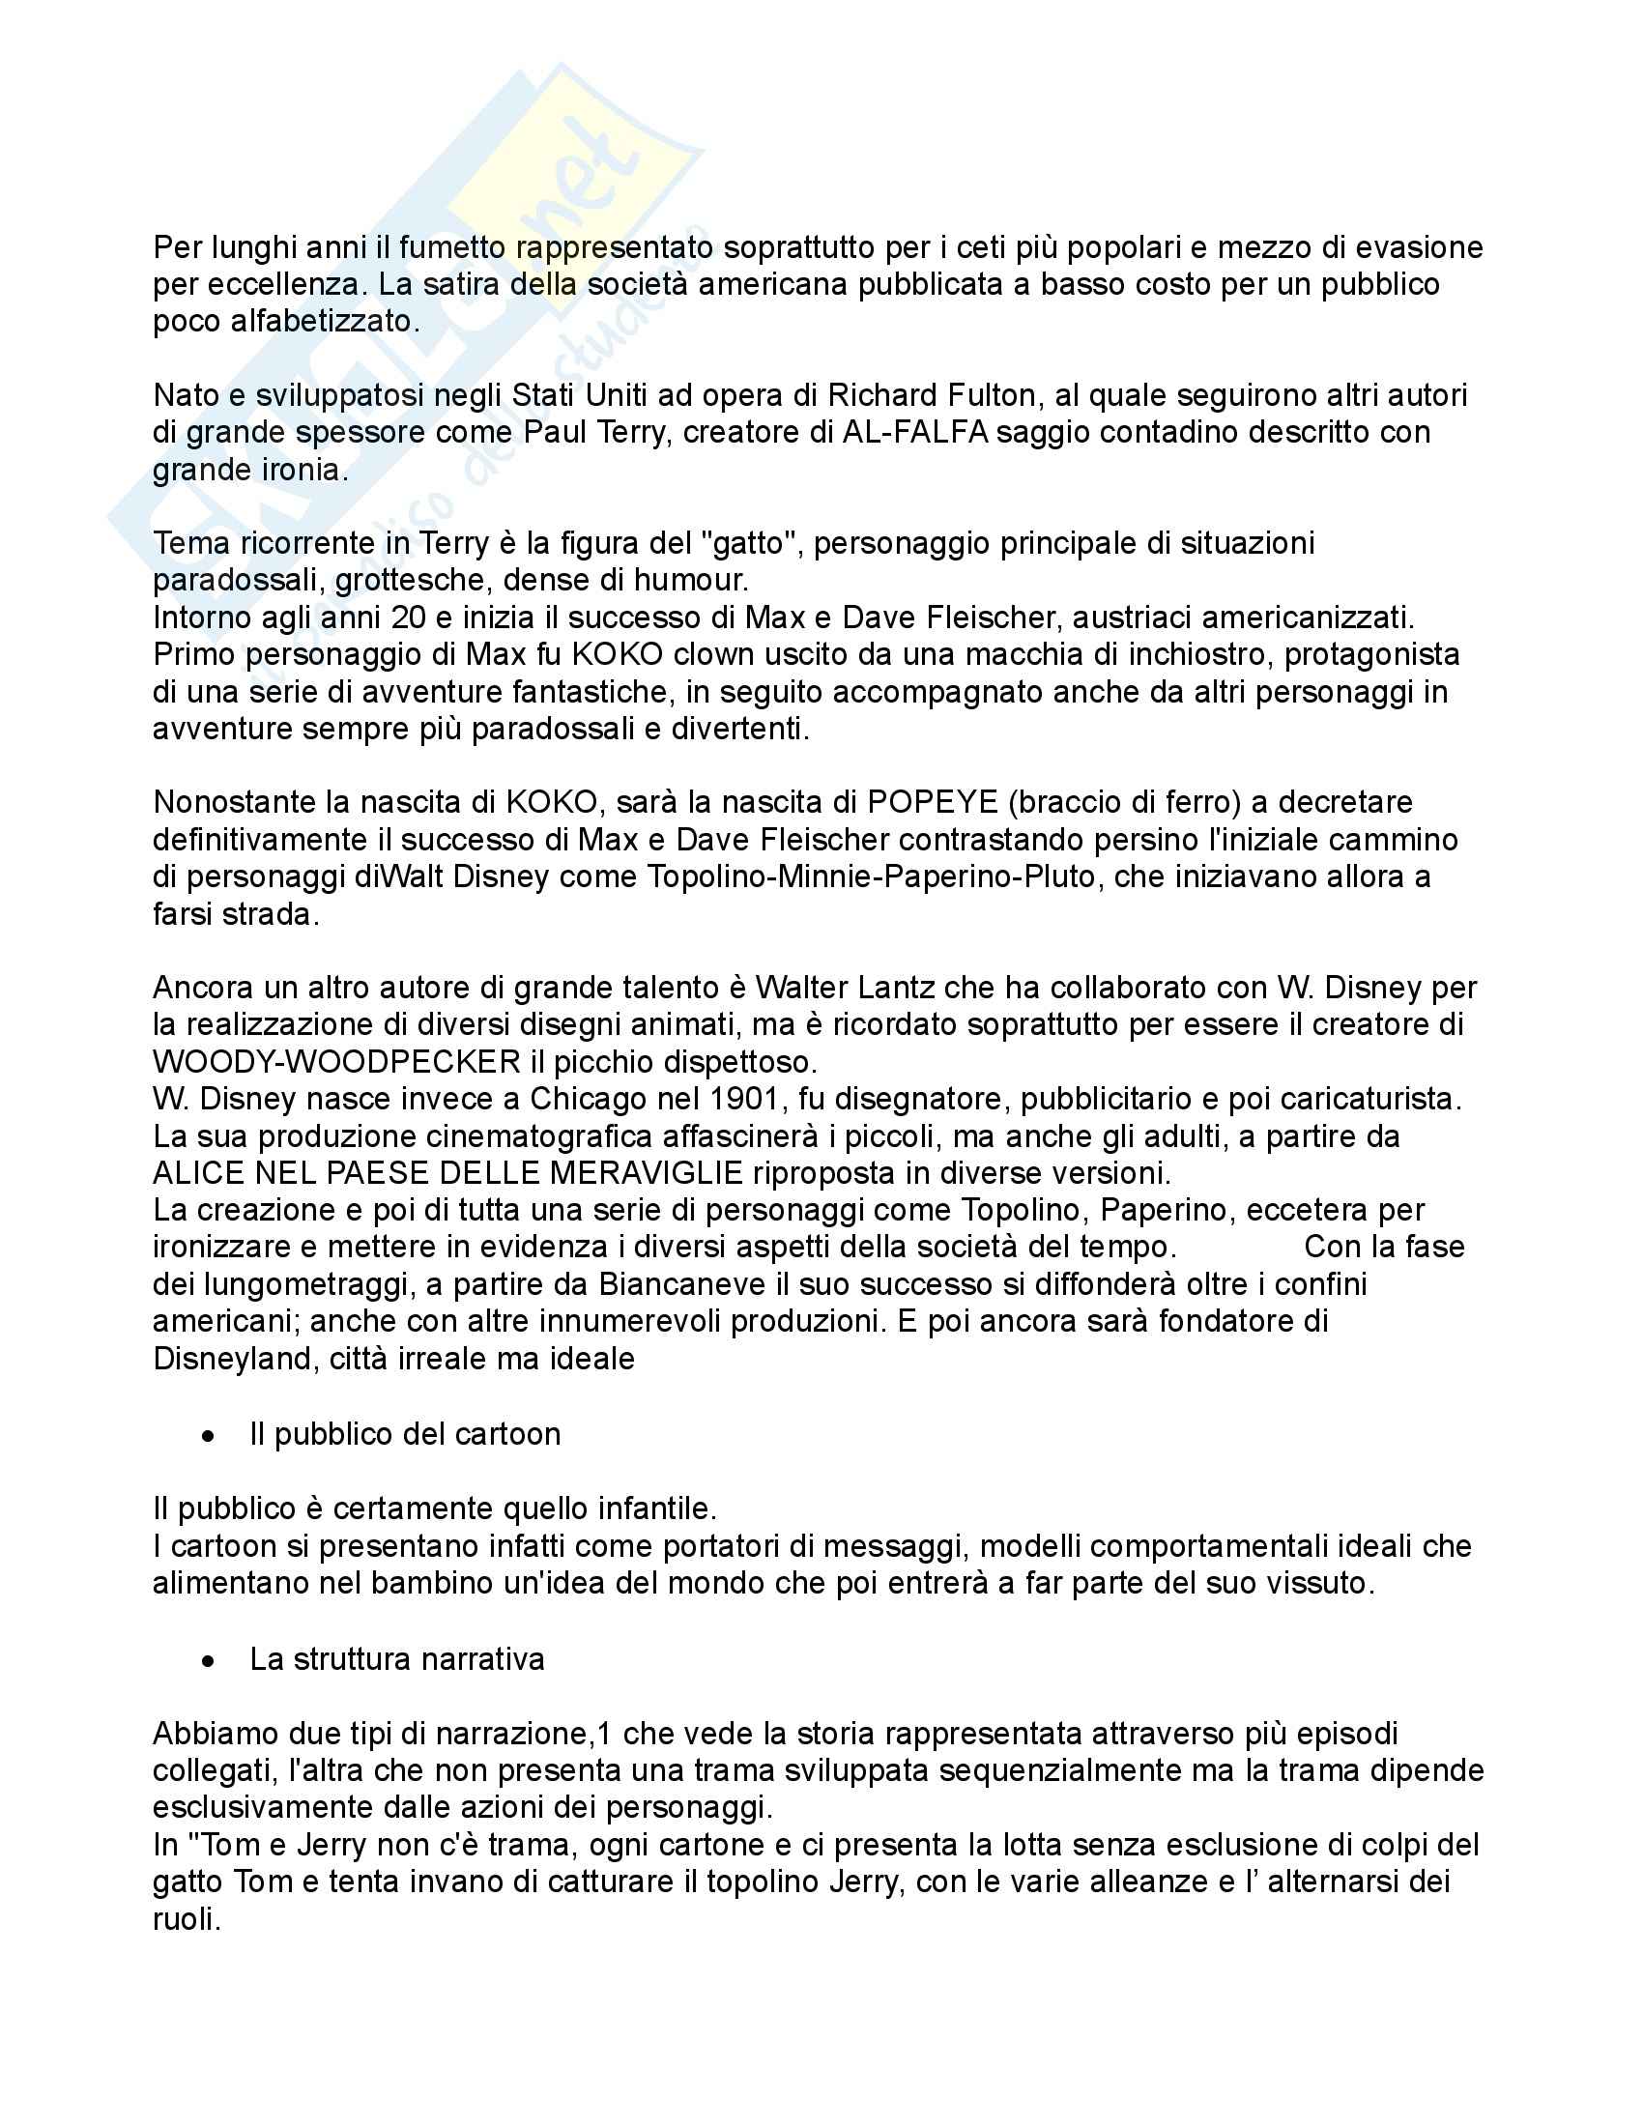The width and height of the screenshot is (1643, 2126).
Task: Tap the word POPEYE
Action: point(933,802)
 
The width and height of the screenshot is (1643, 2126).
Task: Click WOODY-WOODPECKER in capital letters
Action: point(337,1061)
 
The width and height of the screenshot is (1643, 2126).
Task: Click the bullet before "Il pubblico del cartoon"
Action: point(208,1436)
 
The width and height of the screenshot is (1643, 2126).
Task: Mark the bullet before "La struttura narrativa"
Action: point(208,1660)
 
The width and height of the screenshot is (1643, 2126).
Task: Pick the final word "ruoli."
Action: point(187,1919)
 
